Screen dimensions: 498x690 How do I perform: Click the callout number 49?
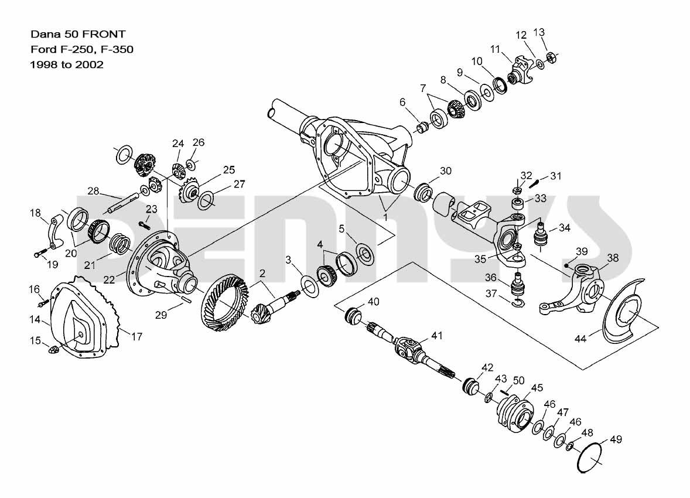(x=616, y=439)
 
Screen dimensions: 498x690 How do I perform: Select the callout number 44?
(x=580, y=339)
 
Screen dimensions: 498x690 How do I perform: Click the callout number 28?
(x=94, y=190)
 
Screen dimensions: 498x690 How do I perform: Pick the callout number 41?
(x=437, y=336)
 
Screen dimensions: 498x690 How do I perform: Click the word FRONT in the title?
(x=106, y=35)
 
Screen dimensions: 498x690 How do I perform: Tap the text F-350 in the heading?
(x=117, y=50)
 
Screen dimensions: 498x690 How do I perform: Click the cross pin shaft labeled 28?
(x=126, y=202)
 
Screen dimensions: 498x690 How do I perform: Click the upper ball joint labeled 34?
(x=538, y=236)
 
